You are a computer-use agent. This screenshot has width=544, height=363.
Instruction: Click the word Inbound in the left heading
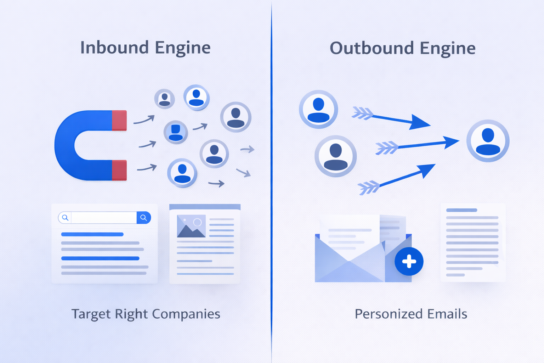point(114,48)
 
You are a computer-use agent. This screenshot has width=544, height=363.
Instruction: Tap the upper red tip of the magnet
point(119,121)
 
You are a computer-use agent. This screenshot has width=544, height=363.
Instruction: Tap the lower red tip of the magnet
point(119,170)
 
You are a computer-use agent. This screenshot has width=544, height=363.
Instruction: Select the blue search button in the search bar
point(144,218)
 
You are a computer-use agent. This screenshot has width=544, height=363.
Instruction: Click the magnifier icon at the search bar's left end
point(65,218)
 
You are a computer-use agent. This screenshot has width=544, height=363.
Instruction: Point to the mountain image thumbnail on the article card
point(191,226)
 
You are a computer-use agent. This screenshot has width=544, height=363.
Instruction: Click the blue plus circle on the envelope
point(409,262)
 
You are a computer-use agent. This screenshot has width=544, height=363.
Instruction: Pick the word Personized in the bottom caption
point(389,314)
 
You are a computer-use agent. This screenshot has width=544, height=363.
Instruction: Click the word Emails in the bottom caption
point(447,314)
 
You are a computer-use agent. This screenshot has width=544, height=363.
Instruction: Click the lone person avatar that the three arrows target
point(488,141)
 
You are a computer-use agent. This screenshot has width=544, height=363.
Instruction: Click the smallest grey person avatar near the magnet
point(164,99)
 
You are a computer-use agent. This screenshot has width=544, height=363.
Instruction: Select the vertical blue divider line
point(272,177)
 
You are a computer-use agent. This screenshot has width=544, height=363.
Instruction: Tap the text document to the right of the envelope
point(472,242)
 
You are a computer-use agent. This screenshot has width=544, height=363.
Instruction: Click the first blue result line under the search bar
point(92,234)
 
